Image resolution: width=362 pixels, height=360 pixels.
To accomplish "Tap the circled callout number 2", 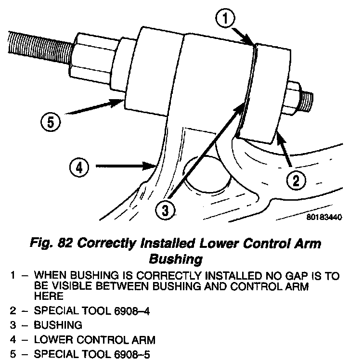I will (296, 181).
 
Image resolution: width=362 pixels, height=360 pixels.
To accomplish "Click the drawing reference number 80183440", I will (323, 217).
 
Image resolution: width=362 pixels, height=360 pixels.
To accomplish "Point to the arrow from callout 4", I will (125, 167).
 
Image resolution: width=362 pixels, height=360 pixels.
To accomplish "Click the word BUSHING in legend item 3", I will (55, 325).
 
